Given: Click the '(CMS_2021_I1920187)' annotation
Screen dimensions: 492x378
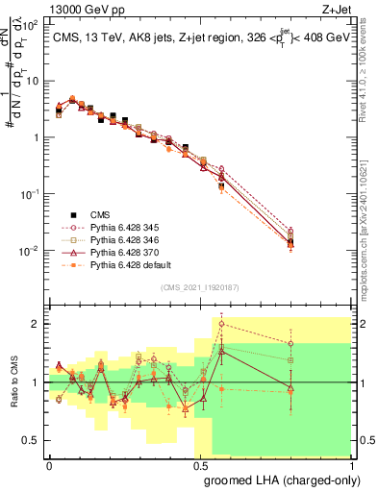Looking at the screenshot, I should pos(200,287).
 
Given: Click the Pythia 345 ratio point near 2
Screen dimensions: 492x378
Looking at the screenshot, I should pos(222,324).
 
